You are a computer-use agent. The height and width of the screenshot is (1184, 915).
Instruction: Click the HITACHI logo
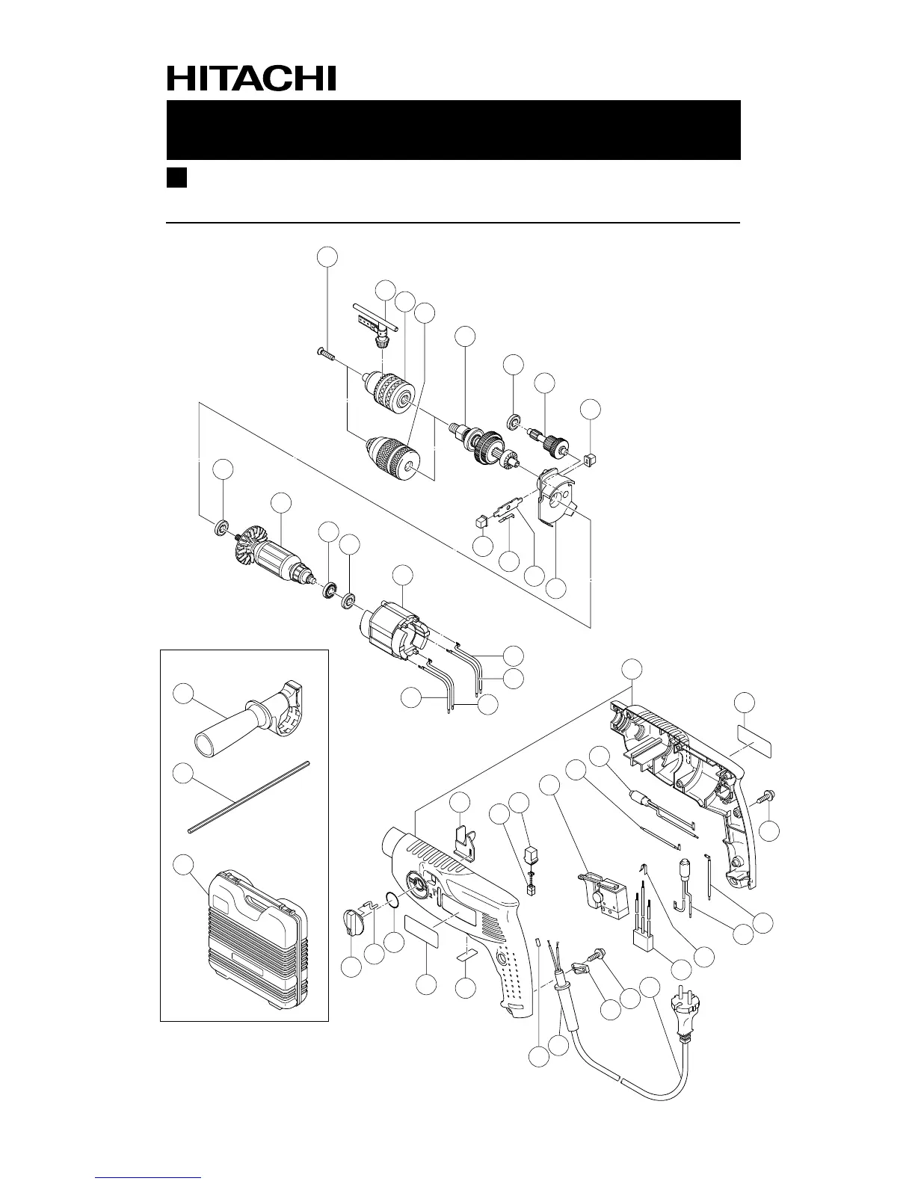point(251,78)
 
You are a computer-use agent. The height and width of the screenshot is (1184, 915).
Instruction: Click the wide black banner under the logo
point(453,129)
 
